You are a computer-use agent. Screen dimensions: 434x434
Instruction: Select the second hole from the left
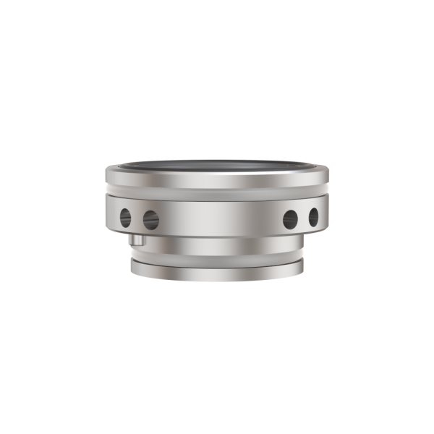[x=150, y=217]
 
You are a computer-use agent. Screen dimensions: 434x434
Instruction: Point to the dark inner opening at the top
[x=217, y=169]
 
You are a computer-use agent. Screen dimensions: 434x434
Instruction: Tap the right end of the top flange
[x=328, y=174]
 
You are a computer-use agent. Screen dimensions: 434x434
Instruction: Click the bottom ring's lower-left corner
[x=132, y=276]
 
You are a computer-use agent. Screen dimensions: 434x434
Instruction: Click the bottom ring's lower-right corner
[x=302, y=276]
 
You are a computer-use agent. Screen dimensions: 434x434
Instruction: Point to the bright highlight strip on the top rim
[x=217, y=174]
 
